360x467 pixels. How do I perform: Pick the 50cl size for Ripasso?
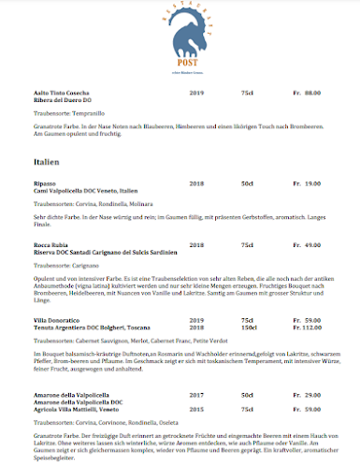click(x=247, y=183)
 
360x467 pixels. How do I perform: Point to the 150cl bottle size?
click(x=248, y=328)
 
